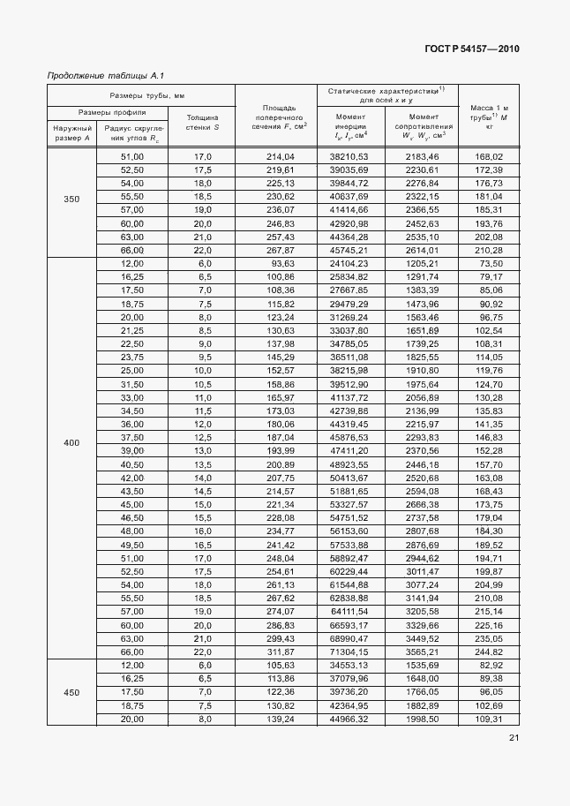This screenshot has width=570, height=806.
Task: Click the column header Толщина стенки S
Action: (203, 122)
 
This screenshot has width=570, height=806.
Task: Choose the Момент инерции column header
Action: (349, 127)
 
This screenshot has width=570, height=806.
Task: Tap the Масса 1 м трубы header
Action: (489, 117)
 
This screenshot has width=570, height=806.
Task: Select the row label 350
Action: (71, 200)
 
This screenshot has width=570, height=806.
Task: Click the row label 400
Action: (71, 441)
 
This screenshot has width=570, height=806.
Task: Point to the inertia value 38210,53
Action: (349, 156)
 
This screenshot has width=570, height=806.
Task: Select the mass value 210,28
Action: (488, 251)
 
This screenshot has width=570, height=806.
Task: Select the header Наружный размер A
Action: (71, 132)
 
